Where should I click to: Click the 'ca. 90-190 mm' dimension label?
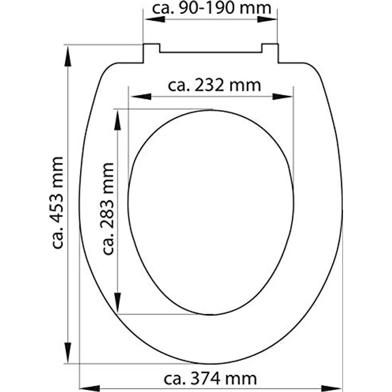211,9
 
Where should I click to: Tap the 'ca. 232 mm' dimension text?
214,85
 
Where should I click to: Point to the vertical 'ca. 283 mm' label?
108,209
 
